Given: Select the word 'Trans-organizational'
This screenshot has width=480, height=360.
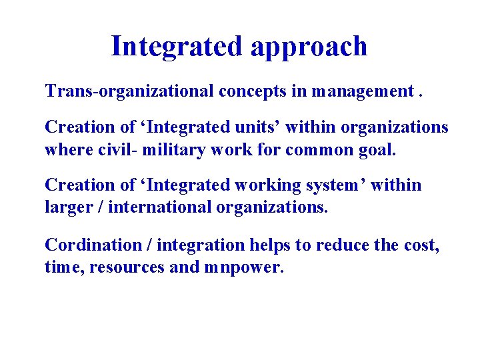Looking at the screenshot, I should pos(129,91).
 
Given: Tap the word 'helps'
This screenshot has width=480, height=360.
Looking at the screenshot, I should pos(270,245).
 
